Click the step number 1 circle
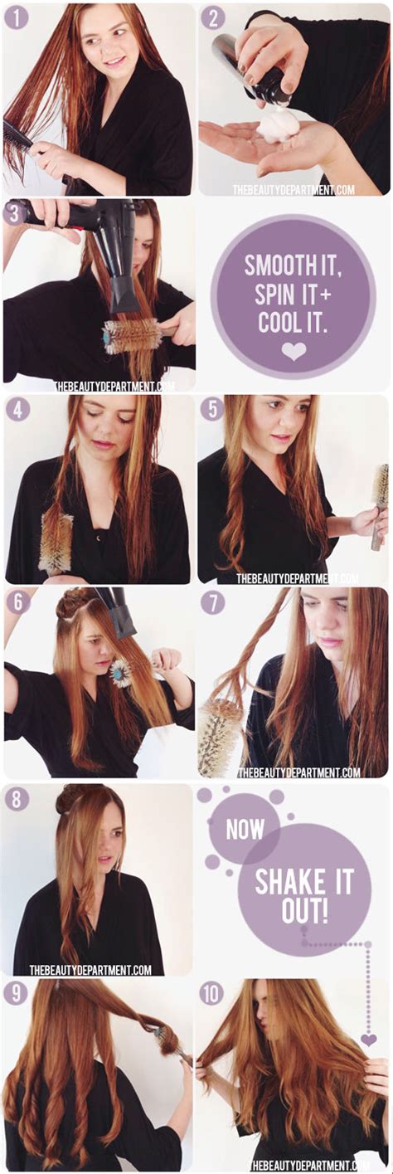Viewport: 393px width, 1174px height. (17, 17)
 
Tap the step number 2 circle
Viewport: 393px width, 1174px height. (212, 17)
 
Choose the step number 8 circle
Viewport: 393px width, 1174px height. (17, 799)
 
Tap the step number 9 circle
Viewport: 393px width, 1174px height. (17, 993)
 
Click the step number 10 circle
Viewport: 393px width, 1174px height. (212, 993)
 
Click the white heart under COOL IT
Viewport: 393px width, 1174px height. (294, 352)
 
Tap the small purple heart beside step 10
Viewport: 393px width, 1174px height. (368, 1039)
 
